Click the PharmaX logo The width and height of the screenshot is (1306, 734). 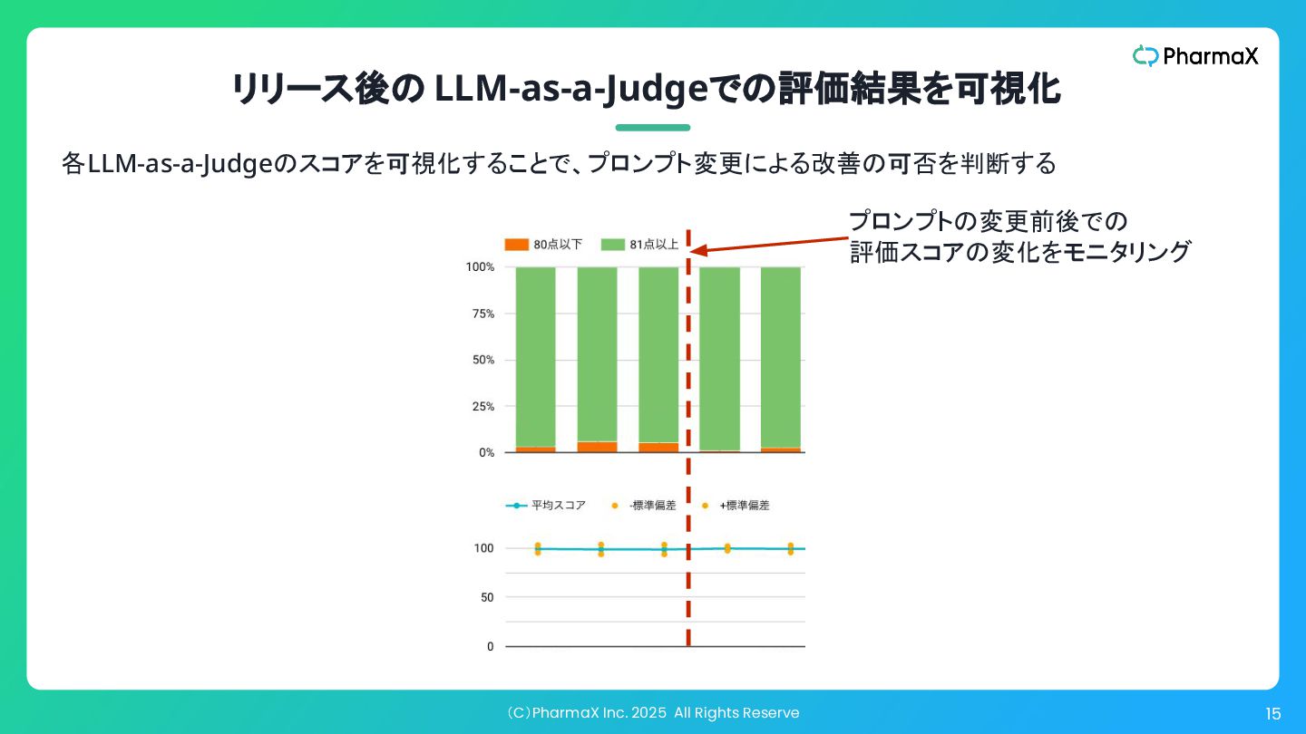1195,56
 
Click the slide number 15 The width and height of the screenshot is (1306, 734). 1272,714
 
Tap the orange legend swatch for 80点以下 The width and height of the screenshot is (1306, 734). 516,245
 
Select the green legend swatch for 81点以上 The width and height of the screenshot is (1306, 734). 613,245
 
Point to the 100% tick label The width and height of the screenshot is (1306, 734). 480,267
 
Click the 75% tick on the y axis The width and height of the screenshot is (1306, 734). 482,314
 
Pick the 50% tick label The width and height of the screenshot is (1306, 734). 482,360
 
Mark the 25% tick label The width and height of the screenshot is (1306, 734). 482,407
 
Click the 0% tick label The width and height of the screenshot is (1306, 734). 485,452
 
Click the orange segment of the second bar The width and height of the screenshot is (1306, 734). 597,447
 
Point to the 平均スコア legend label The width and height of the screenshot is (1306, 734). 558,506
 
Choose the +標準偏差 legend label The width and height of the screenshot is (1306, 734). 745,506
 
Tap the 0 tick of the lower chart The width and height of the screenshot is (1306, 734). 490,646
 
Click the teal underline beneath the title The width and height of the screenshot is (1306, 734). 653,128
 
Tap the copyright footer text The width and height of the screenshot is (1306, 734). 653,713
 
